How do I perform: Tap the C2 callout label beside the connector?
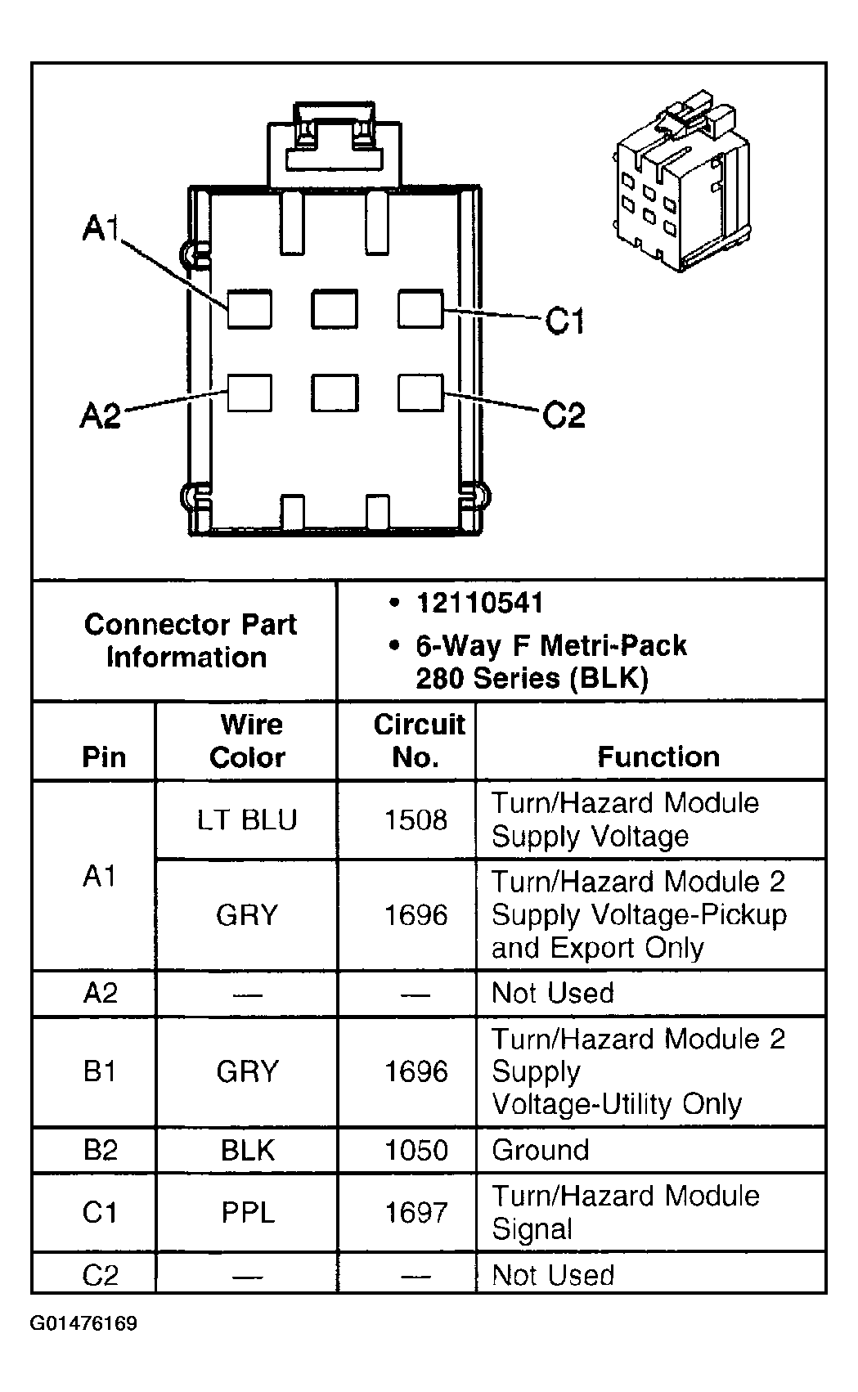tap(564, 415)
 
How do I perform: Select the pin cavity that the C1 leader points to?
tap(420, 309)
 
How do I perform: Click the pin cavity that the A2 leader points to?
tap(249, 393)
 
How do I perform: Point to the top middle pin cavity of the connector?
tap(335, 310)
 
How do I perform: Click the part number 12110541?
tap(479, 604)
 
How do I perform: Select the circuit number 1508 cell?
tap(416, 819)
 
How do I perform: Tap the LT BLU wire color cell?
tap(247, 819)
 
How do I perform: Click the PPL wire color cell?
tap(247, 1212)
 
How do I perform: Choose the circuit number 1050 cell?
tap(416, 1150)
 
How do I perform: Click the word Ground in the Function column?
tap(540, 1150)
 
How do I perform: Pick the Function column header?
tap(658, 757)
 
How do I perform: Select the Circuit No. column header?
tap(418, 741)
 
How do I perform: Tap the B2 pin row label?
tap(101, 1150)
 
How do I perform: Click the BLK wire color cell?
tap(247, 1150)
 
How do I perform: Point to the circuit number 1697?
tap(416, 1212)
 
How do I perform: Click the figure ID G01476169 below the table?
tap(83, 1323)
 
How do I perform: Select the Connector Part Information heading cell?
tap(189, 640)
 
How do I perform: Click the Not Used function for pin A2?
tap(553, 993)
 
